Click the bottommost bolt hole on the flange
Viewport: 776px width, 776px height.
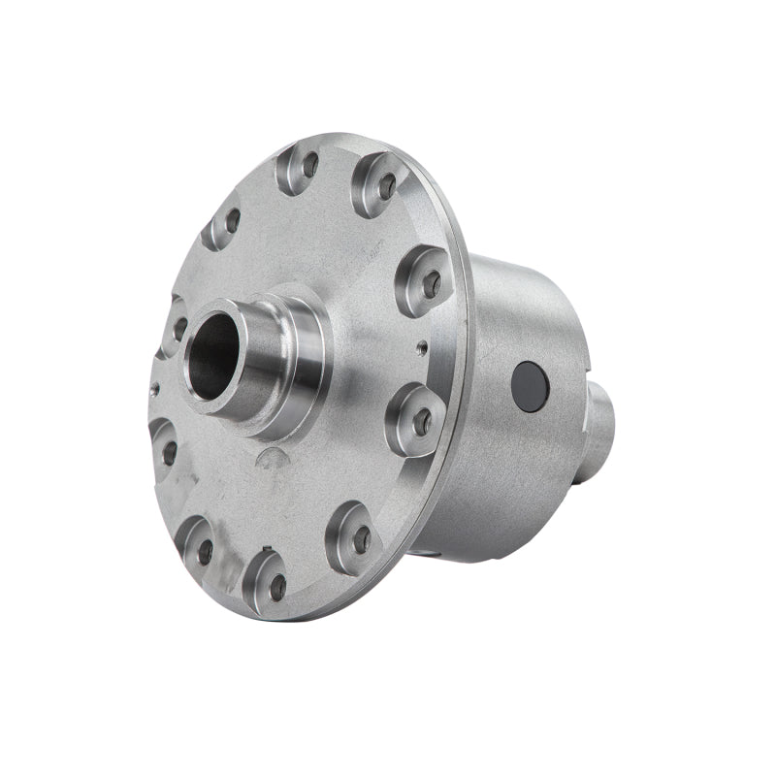point(277,585)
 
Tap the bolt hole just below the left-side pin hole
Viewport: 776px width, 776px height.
point(170,452)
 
